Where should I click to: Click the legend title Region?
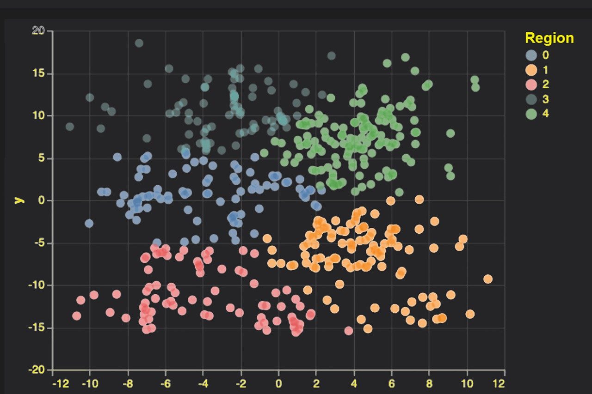(549, 38)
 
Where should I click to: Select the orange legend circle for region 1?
(531, 70)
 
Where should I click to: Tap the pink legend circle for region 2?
(531, 85)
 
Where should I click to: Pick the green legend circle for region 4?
(531, 114)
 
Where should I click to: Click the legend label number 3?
(546, 99)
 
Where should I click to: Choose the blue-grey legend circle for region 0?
(531, 55)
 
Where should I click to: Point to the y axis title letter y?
(19, 200)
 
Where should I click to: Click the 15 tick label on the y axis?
(39, 73)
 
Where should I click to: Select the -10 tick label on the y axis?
(37, 285)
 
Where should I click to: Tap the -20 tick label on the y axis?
(37, 370)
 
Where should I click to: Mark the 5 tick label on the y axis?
(42, 158)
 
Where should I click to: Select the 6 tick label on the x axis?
(392, 383)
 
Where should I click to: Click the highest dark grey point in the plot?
(139, 43)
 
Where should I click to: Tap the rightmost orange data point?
(487, 279)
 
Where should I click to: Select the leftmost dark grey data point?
(70, 127)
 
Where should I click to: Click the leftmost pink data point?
(77, 316)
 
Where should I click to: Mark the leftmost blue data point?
(89, 224)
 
